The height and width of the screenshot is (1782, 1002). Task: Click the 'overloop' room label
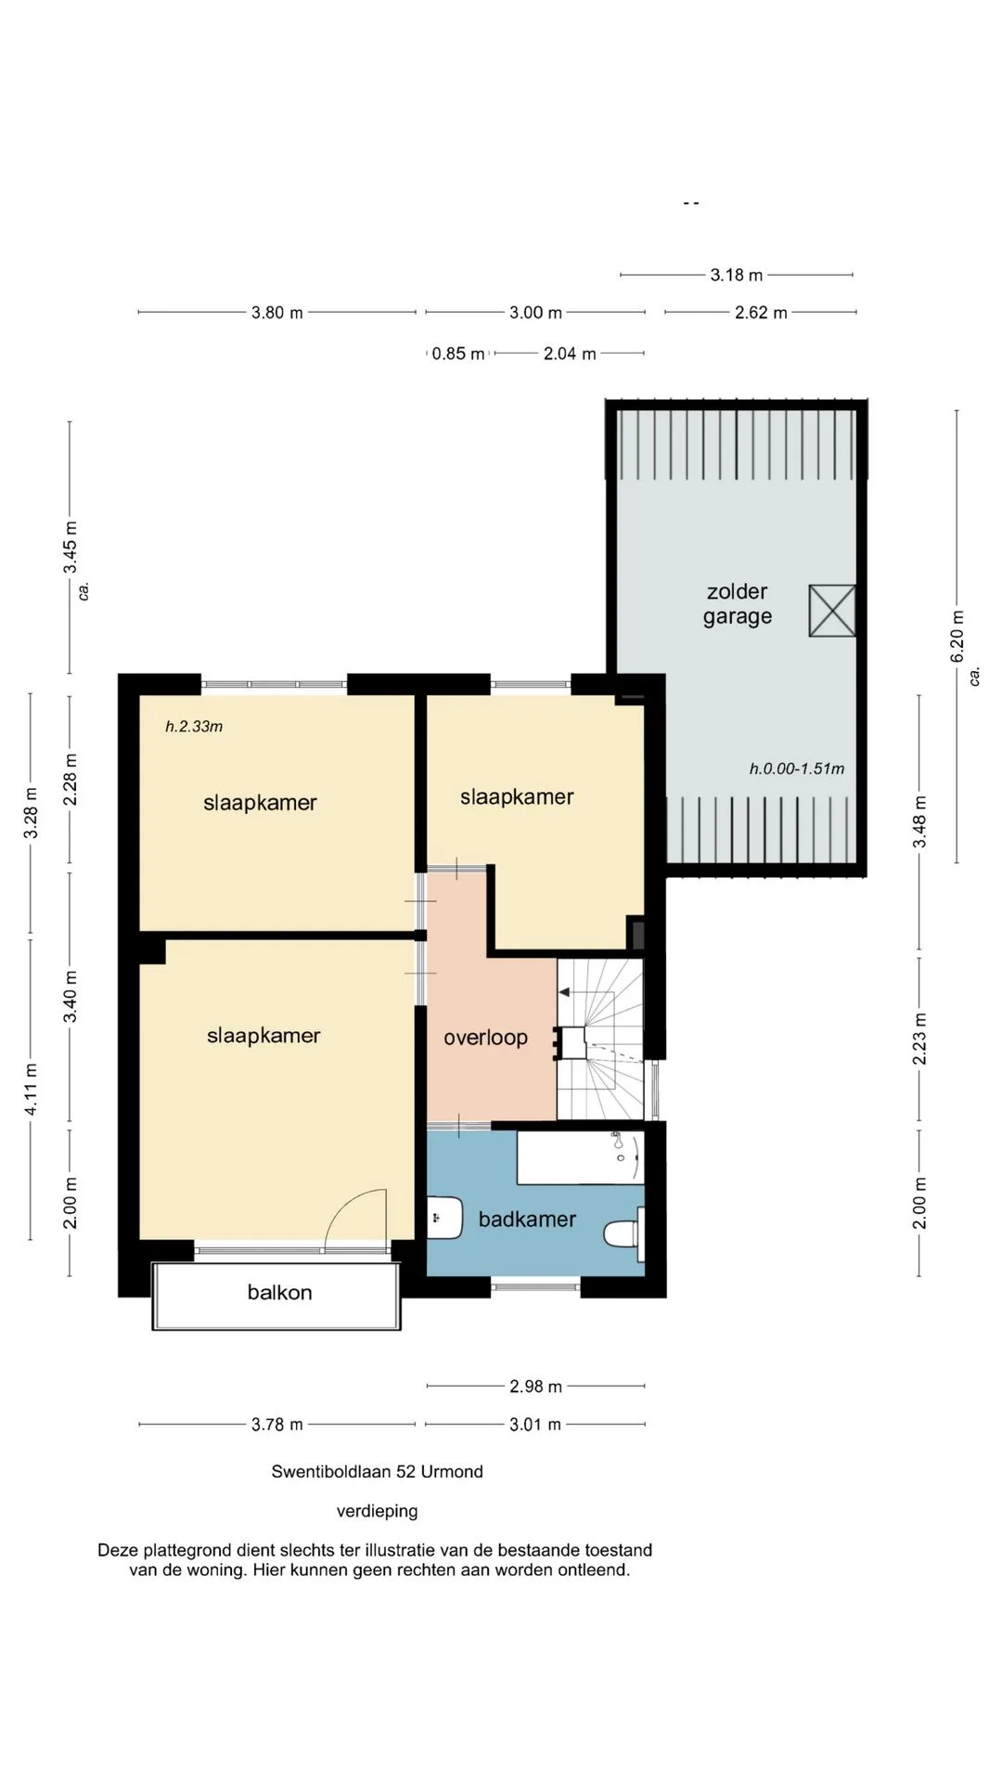(485, 1038)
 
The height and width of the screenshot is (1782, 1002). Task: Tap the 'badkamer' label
(527, 1219)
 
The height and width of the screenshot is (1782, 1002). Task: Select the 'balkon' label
(279, 1292)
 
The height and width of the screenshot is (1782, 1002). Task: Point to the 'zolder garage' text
(738, 604)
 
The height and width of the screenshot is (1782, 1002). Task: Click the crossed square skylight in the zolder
(832, 611)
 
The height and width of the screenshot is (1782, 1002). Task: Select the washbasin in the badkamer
(444, 1217)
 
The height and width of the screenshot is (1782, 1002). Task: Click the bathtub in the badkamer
(580, 1157)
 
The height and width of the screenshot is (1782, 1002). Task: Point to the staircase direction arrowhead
(564, 992)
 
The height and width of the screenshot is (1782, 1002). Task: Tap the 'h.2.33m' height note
(194, 727)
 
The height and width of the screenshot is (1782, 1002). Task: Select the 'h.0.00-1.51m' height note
(797, 768)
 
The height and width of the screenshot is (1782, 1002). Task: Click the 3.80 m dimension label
(277, 313)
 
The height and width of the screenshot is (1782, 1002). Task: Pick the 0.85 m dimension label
(458, 354)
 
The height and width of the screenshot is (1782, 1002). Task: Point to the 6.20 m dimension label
(957, 637)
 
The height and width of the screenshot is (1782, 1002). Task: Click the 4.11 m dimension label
(31, 1089)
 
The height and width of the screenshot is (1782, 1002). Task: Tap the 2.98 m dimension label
(535, 1387)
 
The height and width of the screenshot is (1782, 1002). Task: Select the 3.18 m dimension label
(737, 275)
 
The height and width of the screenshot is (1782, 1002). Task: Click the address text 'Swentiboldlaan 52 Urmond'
(377, 1471)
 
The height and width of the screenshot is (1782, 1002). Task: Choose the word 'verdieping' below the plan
(377, 1511)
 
